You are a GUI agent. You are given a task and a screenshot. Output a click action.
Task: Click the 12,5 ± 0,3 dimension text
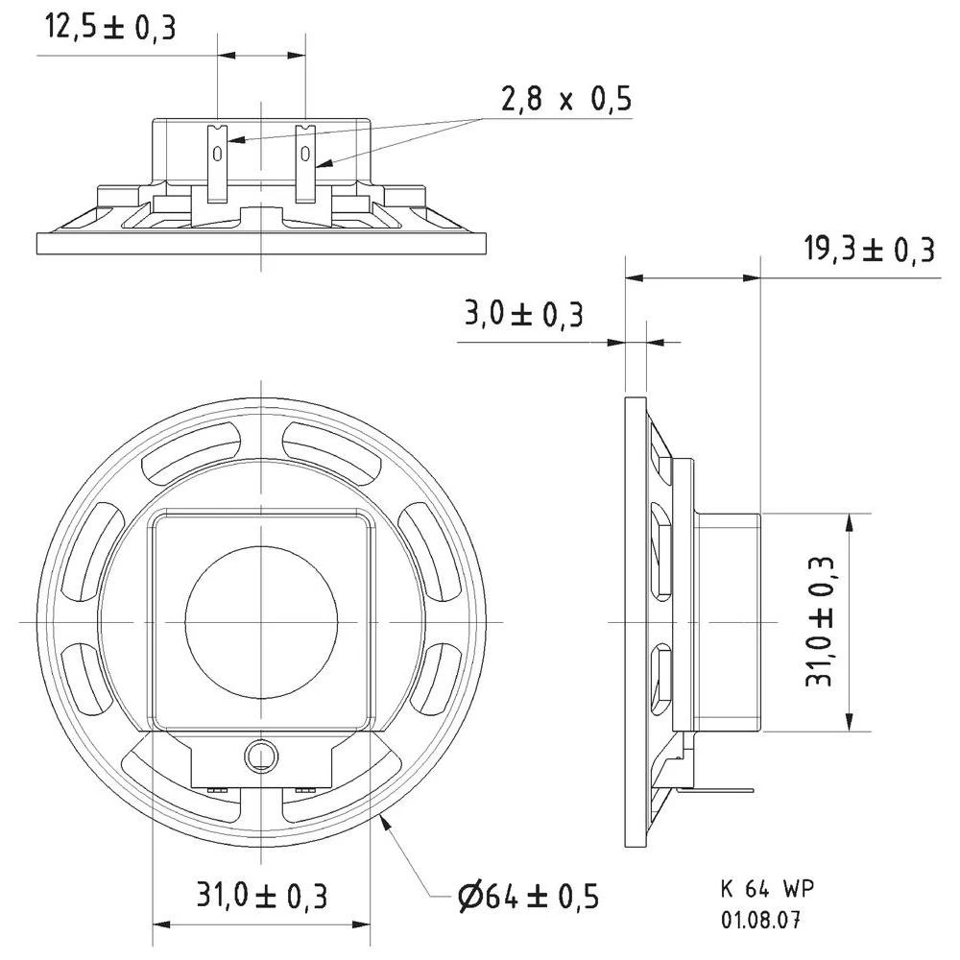(x=110, y=28)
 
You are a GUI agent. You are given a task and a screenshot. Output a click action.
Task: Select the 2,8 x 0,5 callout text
(x=565, y=99)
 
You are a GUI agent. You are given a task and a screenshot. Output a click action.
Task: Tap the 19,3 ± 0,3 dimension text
(x=869, y=252)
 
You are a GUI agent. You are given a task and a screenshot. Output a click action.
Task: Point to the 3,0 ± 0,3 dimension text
(x=523, y=314)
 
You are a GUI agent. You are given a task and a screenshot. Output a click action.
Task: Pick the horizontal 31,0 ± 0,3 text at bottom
(x=262, y=897)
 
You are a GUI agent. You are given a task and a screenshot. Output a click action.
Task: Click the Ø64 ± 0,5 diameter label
(x=528, y=898)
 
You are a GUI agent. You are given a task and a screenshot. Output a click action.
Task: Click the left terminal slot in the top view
(x=218, y=153)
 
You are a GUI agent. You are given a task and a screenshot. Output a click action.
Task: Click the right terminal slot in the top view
(x=304, y=153)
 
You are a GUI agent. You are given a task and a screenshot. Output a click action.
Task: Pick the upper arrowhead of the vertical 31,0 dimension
(x=849, y=519)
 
